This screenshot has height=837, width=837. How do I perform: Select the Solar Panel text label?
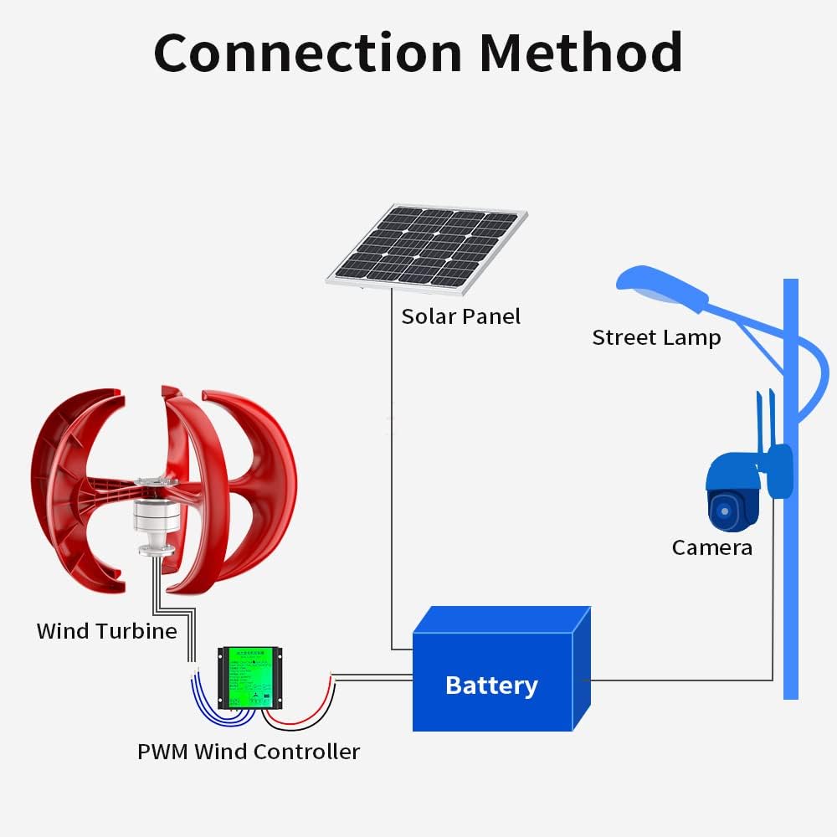click(460, 316)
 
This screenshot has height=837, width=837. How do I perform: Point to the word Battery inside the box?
click(491, 686)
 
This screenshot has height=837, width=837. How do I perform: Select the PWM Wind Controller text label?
click(249, 752)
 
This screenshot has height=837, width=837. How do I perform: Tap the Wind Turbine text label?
click(106, 631)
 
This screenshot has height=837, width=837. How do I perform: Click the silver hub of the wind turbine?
click(156, 519)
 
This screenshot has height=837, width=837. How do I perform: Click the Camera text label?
click(711, 548)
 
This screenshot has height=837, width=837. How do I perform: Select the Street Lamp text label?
click(655, 338)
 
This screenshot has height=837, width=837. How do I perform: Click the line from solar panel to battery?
click(391, 469)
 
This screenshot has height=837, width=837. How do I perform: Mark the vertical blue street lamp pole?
click(790, 586)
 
